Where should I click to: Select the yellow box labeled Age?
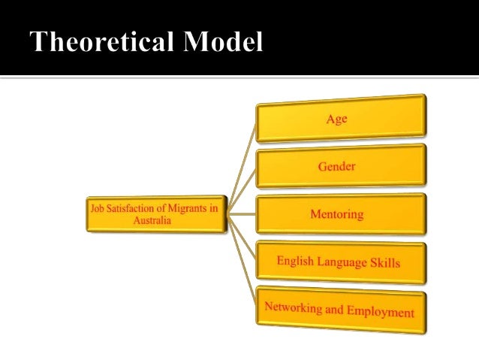coord(341,119)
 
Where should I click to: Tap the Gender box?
coord(341,166)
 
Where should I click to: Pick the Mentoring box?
coord(341,214)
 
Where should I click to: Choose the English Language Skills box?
coord(341,262)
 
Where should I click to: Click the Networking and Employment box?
coord(341,308)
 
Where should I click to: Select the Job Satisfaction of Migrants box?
coord(156,215)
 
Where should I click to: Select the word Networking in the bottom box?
coord(294,307)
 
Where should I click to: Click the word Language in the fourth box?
coord(342,262)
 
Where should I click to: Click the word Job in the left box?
coord(97,209)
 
